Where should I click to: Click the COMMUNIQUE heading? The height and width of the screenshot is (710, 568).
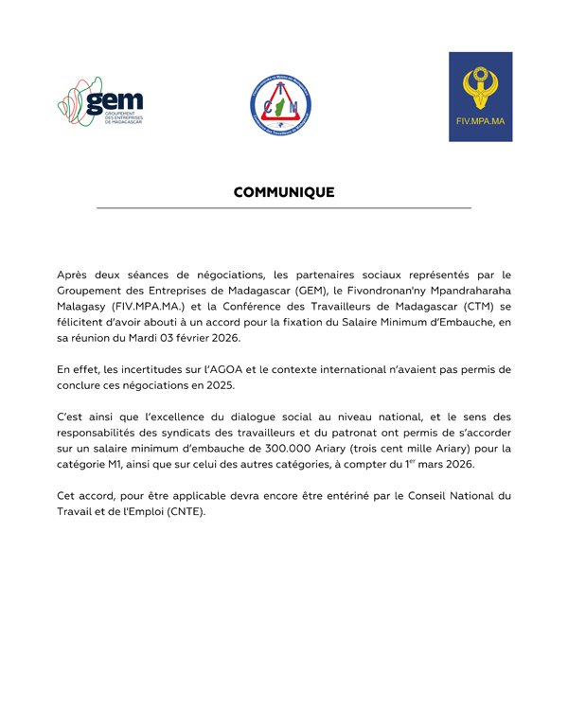[284, 192]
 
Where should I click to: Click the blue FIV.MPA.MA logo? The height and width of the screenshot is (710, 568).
[480, 97]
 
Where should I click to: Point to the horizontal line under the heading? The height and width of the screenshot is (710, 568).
[284, 207]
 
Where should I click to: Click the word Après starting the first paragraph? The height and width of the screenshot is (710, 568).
[76, 275]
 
